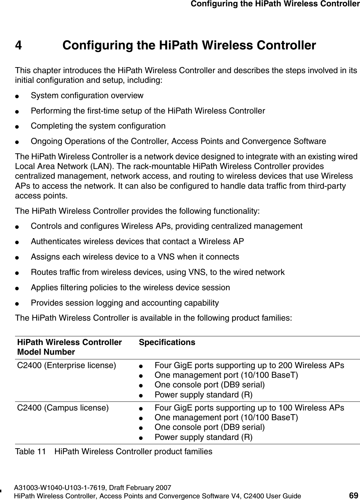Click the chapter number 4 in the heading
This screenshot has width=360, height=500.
point(19,45)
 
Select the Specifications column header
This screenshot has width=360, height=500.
point(167,343)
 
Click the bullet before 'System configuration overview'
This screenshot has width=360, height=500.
point(21,96)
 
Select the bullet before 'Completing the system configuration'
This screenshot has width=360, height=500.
point(21,127)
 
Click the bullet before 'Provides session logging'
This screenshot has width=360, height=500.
point(21,304)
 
